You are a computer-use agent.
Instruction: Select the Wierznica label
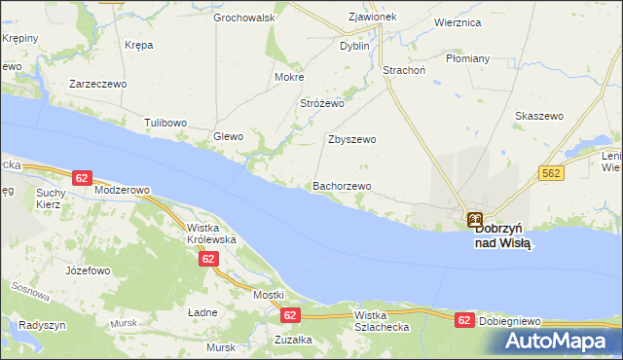[x=459, y=22]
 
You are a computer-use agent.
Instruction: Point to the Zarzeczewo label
[x=98, y=85]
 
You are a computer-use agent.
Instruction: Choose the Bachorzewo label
[x=342, y=186]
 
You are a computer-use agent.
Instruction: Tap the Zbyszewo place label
[x=351, y=139]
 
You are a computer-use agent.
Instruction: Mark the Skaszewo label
[x=539, y=116]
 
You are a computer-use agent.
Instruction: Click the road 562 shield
[x=550, y=172]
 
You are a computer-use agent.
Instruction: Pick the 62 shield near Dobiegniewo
[x=464, y=319]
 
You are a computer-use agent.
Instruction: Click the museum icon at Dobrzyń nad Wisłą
[x=474, y=220]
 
